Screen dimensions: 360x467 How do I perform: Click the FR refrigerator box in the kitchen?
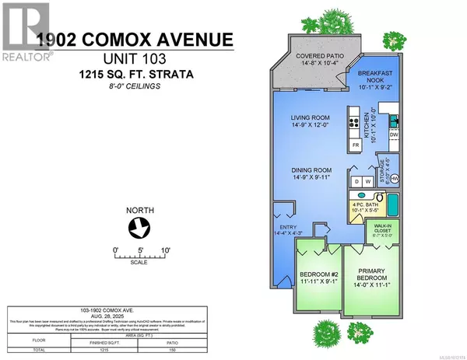356,145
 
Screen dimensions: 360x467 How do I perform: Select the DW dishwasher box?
394,135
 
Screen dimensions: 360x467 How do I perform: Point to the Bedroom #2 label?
318,278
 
